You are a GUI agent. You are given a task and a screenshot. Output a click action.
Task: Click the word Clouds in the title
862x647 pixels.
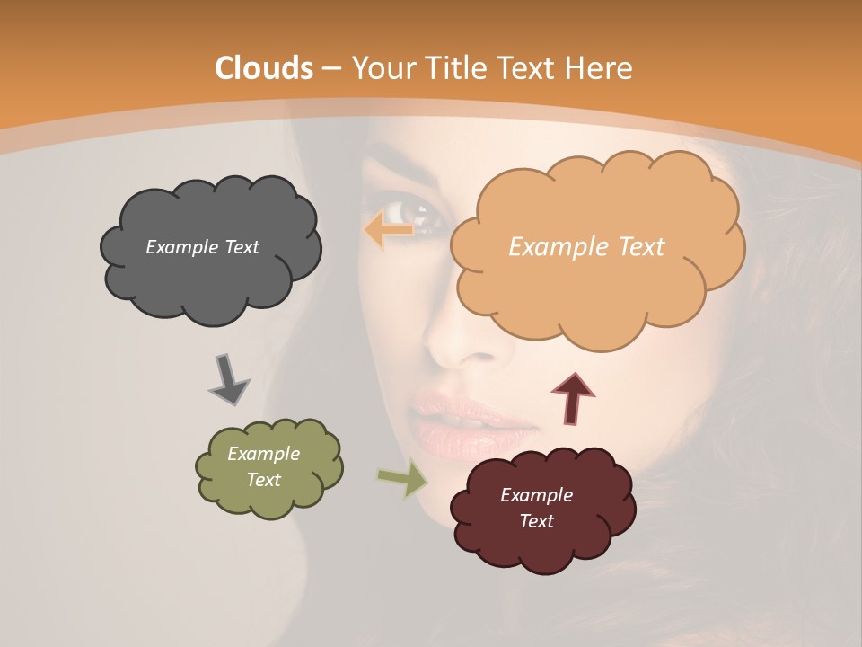pos(263,68)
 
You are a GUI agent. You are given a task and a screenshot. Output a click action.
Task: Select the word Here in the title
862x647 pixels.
pos(599,68)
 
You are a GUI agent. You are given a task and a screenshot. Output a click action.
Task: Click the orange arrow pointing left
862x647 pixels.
pos(388,231)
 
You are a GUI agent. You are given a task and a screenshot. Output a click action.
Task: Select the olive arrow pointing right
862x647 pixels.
pos(403,479)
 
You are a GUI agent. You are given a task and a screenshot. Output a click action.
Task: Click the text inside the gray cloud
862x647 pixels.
pos(202,247)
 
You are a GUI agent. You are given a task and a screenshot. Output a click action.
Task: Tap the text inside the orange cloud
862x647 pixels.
pos(586,247)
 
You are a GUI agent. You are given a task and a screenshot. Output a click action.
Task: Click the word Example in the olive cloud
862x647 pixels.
pos(263,454)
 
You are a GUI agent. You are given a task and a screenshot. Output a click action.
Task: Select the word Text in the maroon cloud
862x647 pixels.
pos(536,521)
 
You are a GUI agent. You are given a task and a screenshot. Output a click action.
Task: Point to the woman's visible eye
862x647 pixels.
pos(418,214)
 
